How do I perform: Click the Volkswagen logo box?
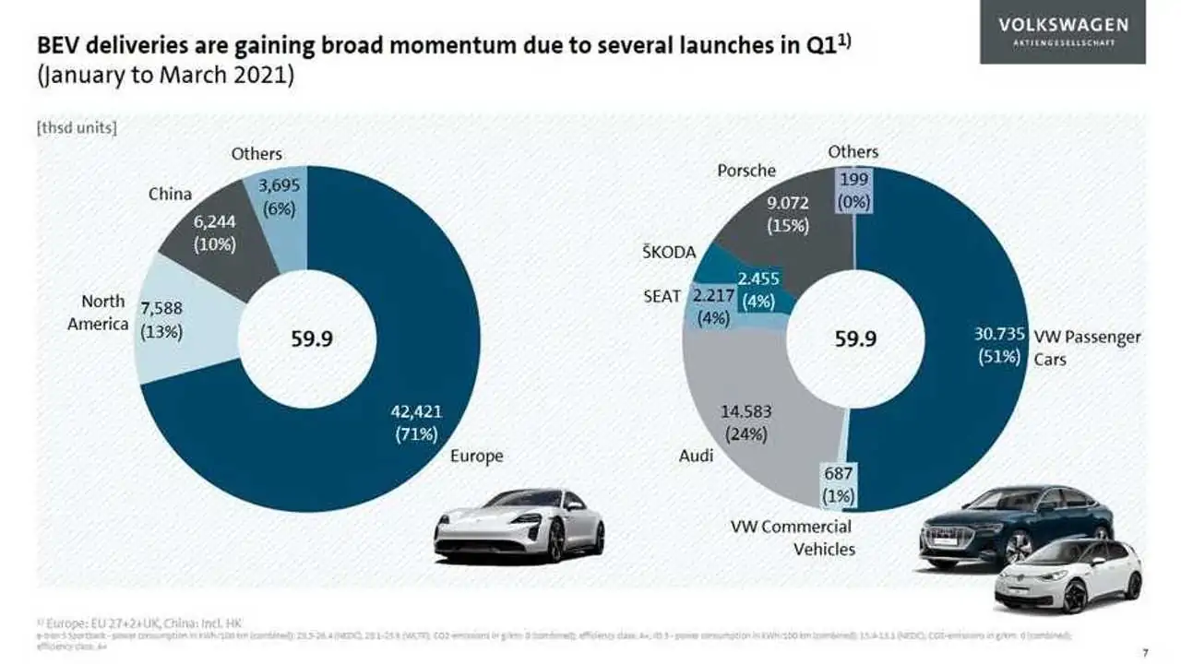(1062, 32)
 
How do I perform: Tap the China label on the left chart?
(171, 194)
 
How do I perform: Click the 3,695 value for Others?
(278, 187)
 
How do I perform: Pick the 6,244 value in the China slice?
(215, 224)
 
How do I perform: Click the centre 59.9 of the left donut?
(312, 339)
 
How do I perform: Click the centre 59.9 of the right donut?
(855, 339)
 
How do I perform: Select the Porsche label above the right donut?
(746, 171)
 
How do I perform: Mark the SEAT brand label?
(662, 296)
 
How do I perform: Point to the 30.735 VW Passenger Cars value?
(998, 336)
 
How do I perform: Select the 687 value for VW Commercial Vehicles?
(839, 475)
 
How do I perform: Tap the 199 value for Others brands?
(853, 181)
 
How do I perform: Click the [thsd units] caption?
(77, 128)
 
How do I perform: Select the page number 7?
(1144, 654)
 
